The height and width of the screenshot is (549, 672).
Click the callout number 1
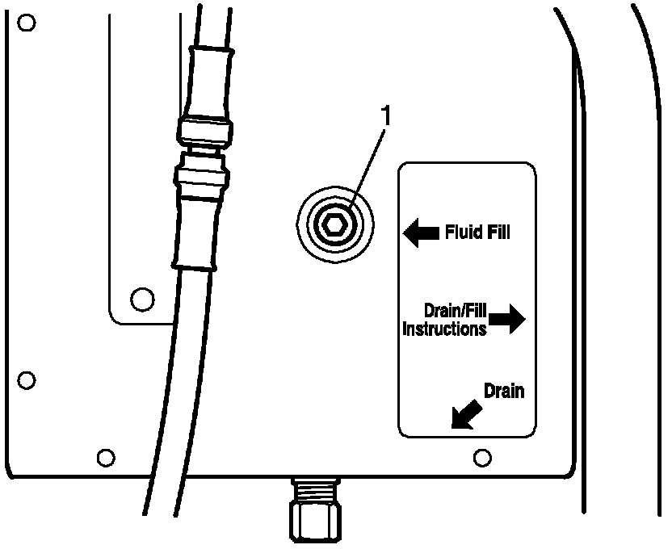(x=386, y=116)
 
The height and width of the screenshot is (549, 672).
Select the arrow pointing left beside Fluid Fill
(x=420, y=233)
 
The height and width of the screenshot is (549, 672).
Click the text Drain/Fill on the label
(x=454, y=310)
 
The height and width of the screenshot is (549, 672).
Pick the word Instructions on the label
(x=444, y=329)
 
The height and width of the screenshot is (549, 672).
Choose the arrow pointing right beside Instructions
(x=507, y=321)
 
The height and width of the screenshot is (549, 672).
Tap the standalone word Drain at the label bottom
(x=503, y=392)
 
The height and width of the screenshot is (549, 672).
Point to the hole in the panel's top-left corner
(x=27, y=22)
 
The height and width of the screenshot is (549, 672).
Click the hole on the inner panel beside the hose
(x=142, y=299)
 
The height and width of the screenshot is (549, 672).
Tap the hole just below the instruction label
(x=482, y=458)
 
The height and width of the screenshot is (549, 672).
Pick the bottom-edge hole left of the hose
(x=104, y=458)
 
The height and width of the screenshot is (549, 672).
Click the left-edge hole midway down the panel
(x=27, y=379)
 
